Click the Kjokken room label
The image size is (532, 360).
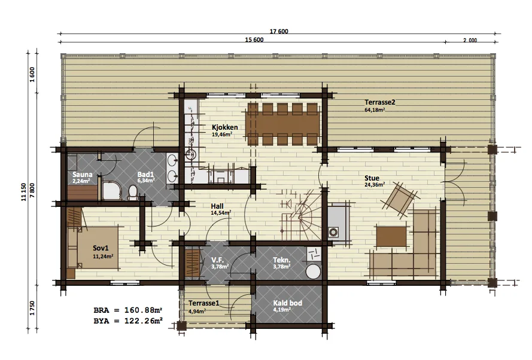coord(224,127)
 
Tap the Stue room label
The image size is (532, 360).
coord(372,178)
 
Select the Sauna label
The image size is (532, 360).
coord(83,175)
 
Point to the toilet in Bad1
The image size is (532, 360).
coord(132,193)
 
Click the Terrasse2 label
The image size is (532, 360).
coord(380,102)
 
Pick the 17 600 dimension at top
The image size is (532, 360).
coord(279,32)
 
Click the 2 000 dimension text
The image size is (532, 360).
coord(470,40)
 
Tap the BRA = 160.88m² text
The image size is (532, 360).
coord(128,310)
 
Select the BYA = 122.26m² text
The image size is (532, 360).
coord(128,321)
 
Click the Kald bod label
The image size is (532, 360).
coord(288,303)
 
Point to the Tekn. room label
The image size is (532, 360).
coord(282,260)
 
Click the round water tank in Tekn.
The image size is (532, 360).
coord(313,272)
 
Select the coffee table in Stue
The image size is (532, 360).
coord(391,237)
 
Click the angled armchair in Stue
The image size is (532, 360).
coord(399,200)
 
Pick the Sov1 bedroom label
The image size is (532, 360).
coord(101,249)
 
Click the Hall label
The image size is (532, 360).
coord(217,206)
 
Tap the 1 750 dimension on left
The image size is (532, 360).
coord(32,308)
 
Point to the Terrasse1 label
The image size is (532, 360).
coord(204,303)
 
